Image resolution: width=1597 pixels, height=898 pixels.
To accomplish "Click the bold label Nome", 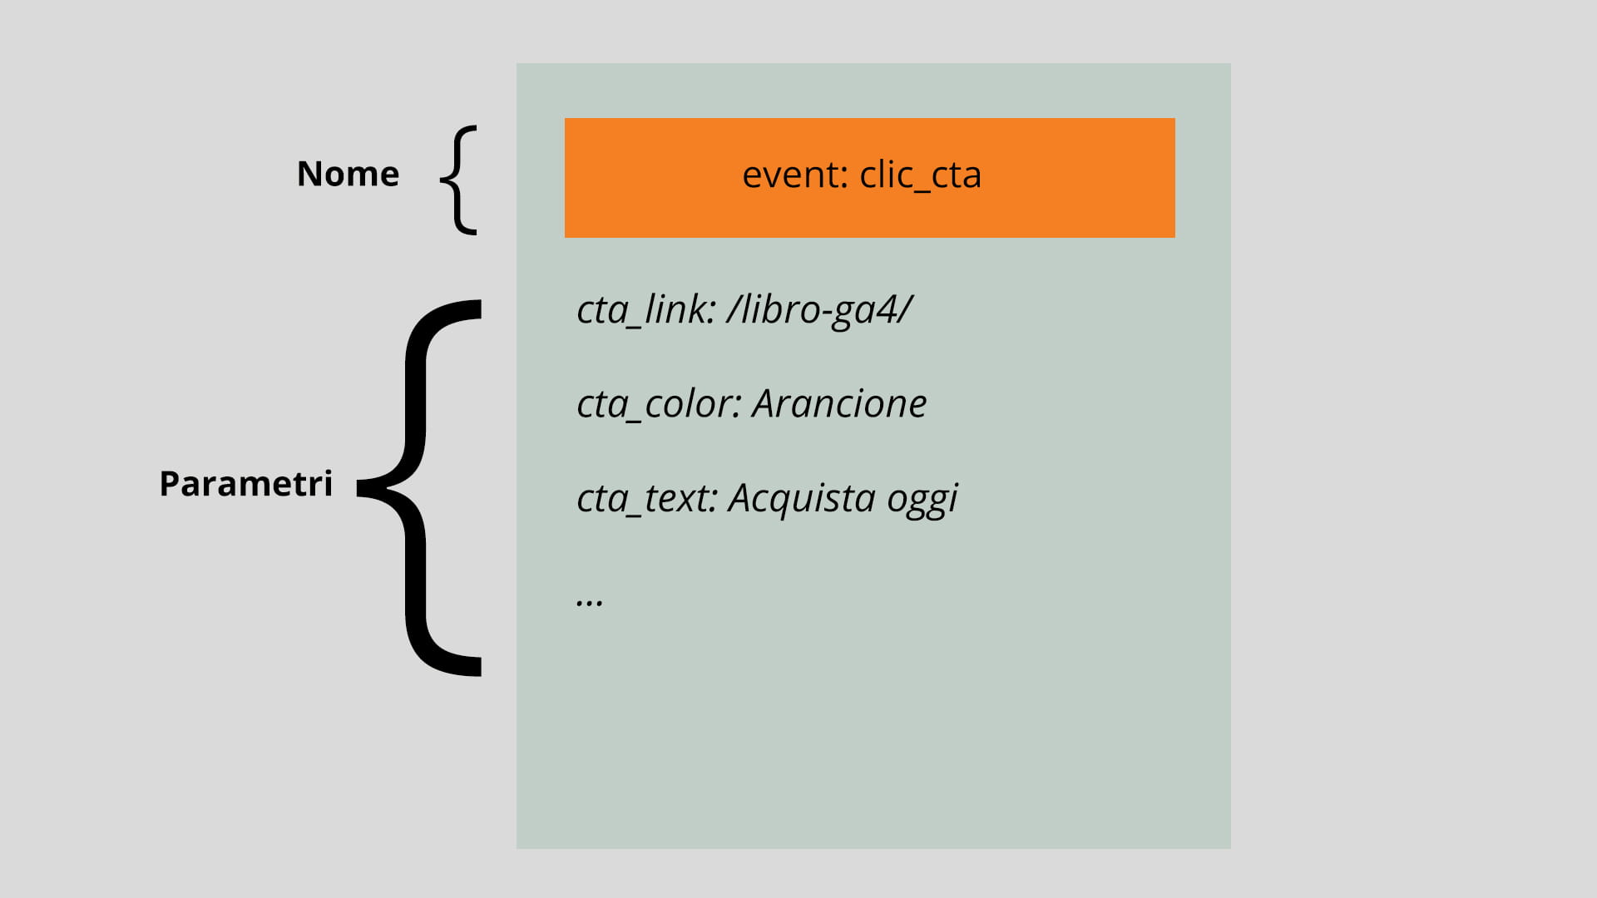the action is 348,174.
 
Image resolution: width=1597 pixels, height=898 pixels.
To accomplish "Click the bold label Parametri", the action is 245,483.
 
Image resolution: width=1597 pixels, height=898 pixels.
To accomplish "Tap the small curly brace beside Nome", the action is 457,180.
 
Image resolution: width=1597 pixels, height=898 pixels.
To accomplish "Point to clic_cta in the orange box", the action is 920,176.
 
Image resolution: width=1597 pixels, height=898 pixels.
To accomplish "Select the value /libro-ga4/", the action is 819,309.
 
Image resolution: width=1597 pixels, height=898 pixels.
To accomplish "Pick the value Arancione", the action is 839,404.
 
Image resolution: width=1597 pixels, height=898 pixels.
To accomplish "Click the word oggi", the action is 922,500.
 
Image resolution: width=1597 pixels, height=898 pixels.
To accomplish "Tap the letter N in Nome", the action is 309,174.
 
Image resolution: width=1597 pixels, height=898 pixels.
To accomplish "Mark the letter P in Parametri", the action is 170,484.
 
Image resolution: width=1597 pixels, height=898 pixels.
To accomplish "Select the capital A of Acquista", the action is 741,498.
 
